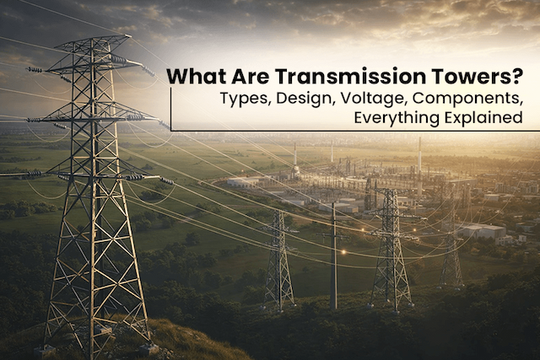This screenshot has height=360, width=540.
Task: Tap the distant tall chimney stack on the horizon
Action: [x=419, y=156]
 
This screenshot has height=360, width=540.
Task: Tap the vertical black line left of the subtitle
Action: [x=172, y=108]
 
